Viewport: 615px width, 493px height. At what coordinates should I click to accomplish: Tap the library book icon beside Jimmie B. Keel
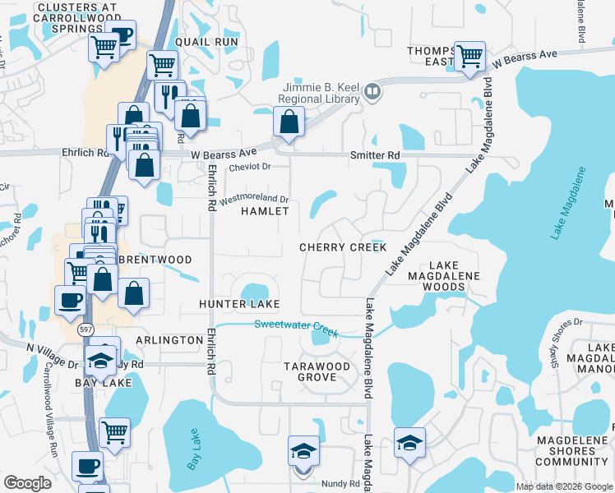click(x=372, y=92)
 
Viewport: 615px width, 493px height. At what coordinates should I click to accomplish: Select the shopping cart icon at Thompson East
click(x=469, y=57)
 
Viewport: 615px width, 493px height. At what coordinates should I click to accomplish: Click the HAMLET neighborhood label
click(x=265, y=211)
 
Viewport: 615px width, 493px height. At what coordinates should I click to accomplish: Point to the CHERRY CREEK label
click(x=343, y=247)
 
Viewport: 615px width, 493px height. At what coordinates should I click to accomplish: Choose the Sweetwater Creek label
click(x=296, y=325)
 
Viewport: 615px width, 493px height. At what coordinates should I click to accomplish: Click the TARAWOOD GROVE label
click(x=317, y=371)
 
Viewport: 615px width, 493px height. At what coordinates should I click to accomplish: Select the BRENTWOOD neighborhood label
click(x=155, y=260)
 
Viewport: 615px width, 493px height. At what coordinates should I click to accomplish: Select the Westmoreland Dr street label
click(x=253, y=198)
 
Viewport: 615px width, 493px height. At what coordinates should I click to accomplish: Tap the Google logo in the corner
click(x=27, y=483)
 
